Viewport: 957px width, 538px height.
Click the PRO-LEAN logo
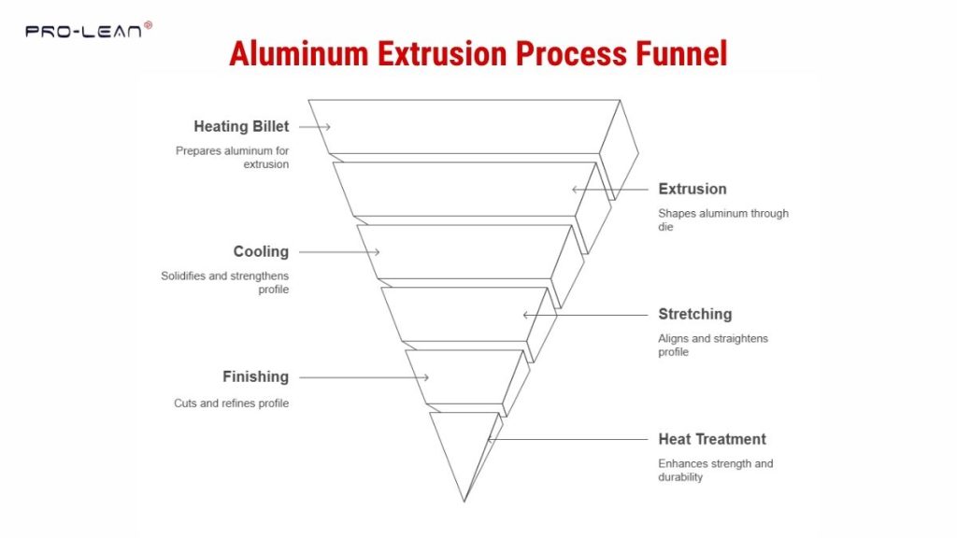click(84, 32)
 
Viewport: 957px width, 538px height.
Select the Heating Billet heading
click(241, 126)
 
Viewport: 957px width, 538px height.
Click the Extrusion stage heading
click(692, 189)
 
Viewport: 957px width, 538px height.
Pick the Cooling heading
click(261, 251)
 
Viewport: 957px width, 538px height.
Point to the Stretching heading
click(694, 314)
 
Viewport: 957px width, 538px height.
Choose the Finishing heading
click(255, 376)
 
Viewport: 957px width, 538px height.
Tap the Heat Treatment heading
click(711, 439)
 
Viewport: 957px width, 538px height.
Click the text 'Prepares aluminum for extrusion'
click(232, 157)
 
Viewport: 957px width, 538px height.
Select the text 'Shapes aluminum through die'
click(722, 219)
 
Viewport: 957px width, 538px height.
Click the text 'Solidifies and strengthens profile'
click(224, 282)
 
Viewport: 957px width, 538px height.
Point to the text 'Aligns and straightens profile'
click(712, 345)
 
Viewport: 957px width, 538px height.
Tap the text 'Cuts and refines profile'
click(231, 403)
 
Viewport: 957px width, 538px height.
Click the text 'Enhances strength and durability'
click(715, 470)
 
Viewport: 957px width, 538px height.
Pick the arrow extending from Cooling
click(338, 252)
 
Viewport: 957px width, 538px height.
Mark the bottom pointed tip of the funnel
click(464, 501)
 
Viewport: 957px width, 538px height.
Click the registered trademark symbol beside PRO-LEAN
click(149, 25)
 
